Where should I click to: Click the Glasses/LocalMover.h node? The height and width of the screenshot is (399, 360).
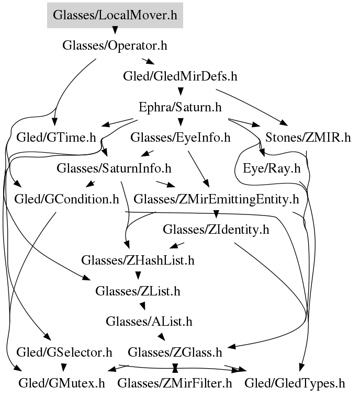(115, 15)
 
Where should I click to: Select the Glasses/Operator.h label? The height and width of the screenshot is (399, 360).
(115, 45)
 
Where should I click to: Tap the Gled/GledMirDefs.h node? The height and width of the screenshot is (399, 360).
(180, 76)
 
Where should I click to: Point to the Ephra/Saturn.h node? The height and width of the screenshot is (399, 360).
(180, 107)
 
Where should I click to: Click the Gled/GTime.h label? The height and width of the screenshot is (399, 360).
(57, 138)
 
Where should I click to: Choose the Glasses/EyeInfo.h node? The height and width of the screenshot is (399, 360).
(180, 138)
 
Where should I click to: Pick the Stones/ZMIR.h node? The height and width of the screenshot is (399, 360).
(308, 138)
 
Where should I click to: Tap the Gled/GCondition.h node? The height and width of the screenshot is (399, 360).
(66, 199)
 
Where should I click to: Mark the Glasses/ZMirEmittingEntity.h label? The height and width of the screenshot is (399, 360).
(216, 199)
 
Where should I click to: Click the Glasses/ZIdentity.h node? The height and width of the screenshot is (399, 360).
(216, 230)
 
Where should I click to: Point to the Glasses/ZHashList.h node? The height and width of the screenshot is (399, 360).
(138, 260)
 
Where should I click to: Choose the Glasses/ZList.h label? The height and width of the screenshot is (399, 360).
(138, 291)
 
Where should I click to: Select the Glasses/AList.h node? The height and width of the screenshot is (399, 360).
(149, 321)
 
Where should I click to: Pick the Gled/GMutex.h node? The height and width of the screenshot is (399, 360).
(61, 383)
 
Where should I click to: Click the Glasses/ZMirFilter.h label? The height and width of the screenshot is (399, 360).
(175, 383)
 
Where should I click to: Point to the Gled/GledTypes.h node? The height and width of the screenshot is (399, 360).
(295, 383)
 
